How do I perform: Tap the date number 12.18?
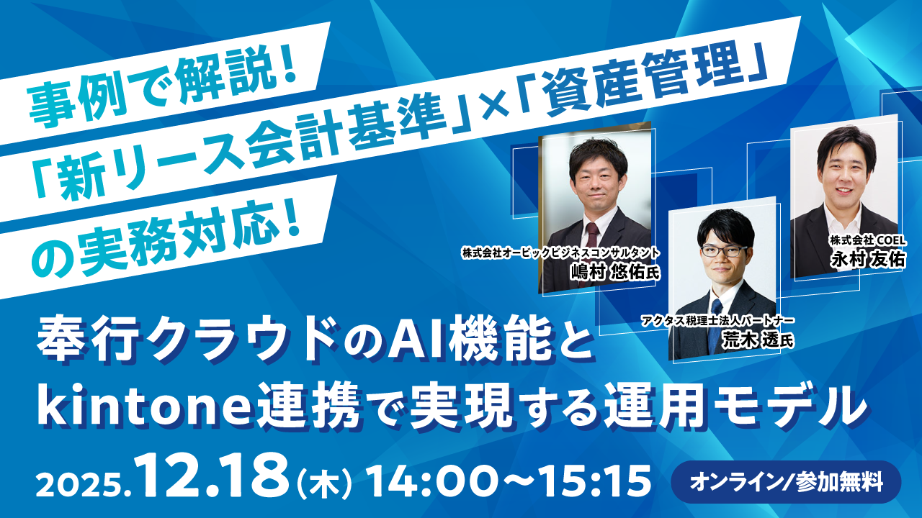pyautogui.click(x=214, y=476)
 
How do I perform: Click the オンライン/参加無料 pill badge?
pyautogui.click(x=786, y=482)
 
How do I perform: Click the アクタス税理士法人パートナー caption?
pyautogui.click(x=717, y=321)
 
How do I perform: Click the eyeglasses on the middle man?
pyautogui.click(x=724, y=251)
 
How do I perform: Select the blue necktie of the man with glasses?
pyautogui.click(x=716, y=324)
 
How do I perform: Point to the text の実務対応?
pyautogui.click(x=165, y=242)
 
